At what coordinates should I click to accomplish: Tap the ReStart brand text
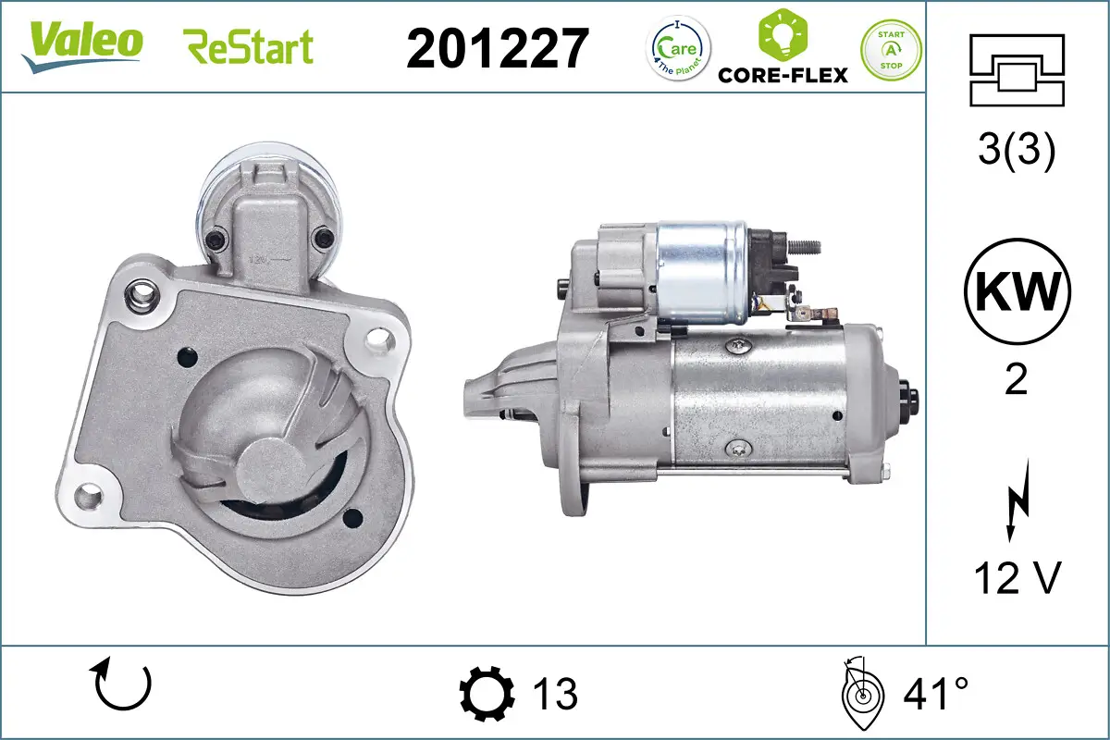point(249,46)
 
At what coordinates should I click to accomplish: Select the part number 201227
point(498,48)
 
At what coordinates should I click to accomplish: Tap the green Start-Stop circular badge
point(891,49)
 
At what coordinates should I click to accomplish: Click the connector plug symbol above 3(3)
point(1016,69)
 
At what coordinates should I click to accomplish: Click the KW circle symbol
point(1016,292)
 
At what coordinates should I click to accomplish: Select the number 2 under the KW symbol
point(1016,379)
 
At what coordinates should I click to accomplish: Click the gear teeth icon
point(487,693)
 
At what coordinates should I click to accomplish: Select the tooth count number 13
point(556,694)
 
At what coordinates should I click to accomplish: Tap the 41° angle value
point(935,694)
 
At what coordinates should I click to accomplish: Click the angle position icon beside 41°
point(862,694)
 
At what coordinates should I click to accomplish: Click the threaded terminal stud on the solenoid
point(807,246)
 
